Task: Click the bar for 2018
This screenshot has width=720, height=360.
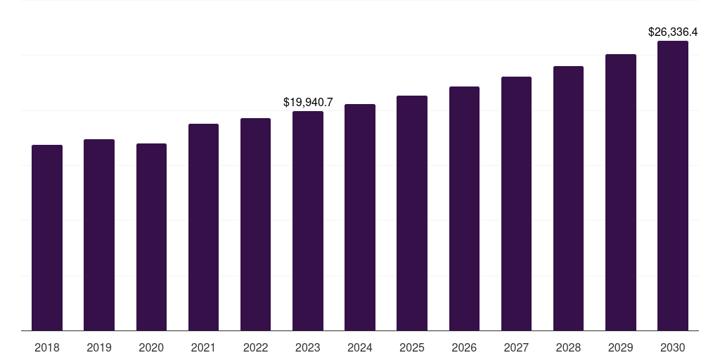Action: (x=47, y=238)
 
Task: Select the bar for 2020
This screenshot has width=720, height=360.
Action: (x=151, y=237)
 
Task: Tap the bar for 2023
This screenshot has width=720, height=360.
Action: (x=308, y=221)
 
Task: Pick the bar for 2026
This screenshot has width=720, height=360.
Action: (x=464, y=208)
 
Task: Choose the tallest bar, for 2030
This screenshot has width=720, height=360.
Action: (x=673, y=186)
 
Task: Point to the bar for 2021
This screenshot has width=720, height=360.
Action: (x=203, y=227)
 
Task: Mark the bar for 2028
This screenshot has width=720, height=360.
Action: (x=568, y=198)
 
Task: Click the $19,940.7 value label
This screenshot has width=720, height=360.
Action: (x=308, y=103)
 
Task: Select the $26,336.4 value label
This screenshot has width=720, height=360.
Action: (x=673, y=32)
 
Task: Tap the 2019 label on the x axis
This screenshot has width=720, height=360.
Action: (x=99, y=347)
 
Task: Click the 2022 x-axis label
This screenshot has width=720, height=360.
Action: (x=255, y=347)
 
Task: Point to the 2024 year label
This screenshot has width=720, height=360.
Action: (x=360, y=347)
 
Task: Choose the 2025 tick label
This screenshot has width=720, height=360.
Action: (x=412, y=347)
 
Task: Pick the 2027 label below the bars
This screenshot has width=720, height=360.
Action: (x=516, y=347)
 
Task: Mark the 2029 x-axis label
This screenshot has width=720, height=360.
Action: (x=621, y=347)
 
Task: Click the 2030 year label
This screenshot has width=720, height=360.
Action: (x=673, y=347)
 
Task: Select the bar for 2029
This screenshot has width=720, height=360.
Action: (x=621, y=192)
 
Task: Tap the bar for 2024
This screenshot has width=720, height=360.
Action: (x=360, y=217)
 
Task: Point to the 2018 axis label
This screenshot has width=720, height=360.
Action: (x=47, y=347)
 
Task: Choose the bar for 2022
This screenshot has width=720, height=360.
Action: (x=255, y=224)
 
